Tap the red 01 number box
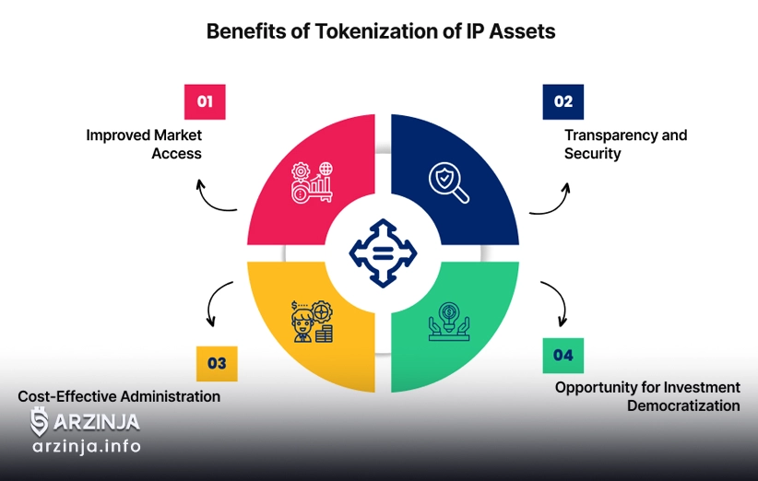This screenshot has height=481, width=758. click(x=205, y=101)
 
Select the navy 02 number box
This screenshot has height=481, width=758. click(x=563, y=101)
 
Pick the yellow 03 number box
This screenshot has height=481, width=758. click(x=217, y=363)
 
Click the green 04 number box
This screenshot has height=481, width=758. click(x=563, y=355)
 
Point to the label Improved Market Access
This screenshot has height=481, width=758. click(x=145, y=144)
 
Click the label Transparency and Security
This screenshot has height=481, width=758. click(x=625, y=144)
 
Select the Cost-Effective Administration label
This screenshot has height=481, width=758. click(x=119, y=396)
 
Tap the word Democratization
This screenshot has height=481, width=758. click(x=683, y=405)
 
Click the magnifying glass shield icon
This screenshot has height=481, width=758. click(x=449, y=181)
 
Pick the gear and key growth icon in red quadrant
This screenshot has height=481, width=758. click(x=312, y=182)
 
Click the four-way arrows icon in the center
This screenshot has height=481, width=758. click(x=380, y=251)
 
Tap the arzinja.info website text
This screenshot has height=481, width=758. click(x=87, y=447)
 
